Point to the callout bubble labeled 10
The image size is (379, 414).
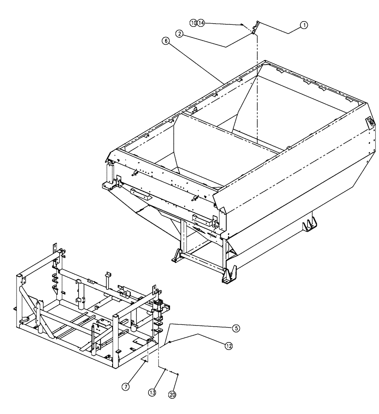point(193,23)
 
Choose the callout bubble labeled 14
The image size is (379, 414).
point(201,23)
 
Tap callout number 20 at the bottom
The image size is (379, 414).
point(173,395)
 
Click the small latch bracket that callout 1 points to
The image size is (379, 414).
point(255,28)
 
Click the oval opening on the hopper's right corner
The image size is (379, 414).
point(370,122)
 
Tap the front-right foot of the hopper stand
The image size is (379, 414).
point(227,276)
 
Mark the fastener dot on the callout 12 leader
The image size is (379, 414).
point(170,342)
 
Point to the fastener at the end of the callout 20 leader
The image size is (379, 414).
point(178,374)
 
